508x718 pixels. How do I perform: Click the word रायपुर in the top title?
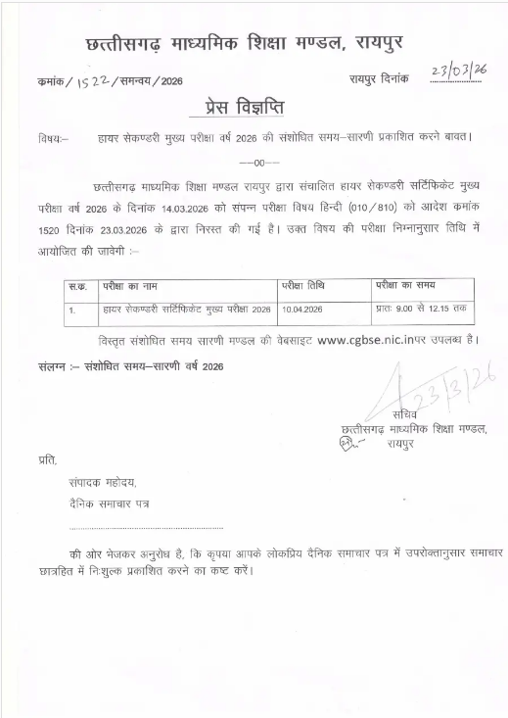367,41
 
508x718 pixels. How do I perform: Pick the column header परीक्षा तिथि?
302,286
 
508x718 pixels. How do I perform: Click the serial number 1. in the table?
72,310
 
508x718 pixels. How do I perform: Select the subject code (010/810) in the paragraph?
372,209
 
